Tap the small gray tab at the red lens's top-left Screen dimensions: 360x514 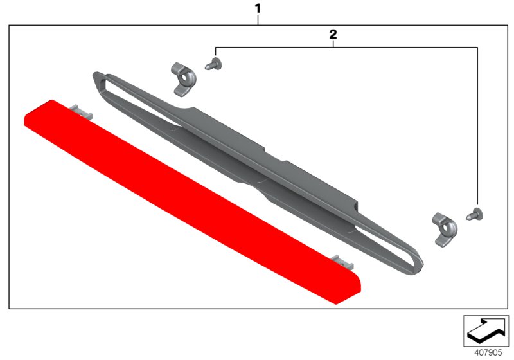(x=82, y=111)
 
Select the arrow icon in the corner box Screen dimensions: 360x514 (x=485, y=330)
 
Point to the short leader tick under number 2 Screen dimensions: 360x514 (x=333, y=43)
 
